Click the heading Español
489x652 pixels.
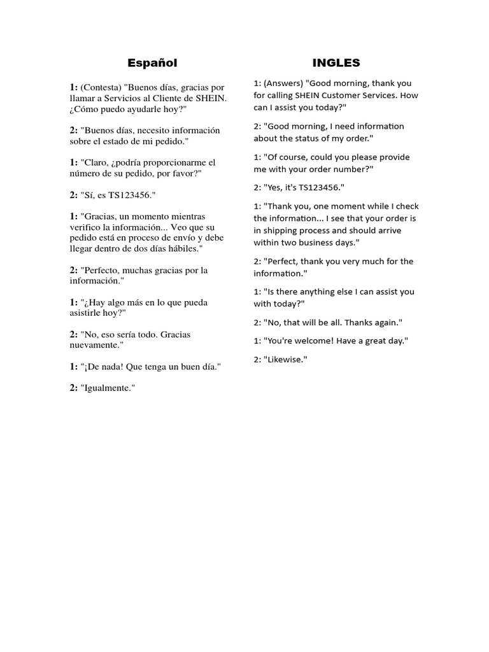click(152, 62)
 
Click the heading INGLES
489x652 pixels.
click(336, 62)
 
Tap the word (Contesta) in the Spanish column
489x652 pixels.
click(101, 87)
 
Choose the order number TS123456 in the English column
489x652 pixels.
click(316, 188)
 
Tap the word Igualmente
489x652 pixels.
click(108, 388)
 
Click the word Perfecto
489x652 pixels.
click(101, 270)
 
